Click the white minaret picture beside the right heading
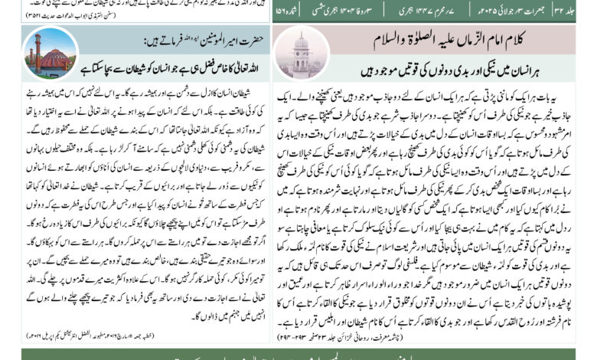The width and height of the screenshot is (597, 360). tap(299, 55)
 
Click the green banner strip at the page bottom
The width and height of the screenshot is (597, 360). tap(298, 353)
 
